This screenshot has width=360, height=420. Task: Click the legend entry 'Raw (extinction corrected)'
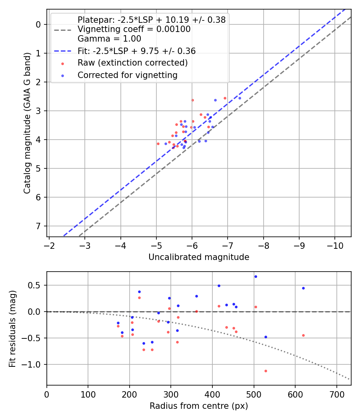point(132,63)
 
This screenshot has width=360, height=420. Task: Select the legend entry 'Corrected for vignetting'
point(127,75)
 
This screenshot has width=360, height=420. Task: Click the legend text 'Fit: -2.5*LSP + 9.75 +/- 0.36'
point(136,51)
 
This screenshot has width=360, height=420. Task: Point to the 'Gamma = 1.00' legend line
point(109,39)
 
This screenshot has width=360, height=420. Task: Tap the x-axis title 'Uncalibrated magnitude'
point(199,257)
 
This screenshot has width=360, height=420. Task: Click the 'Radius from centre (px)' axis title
point(199,406)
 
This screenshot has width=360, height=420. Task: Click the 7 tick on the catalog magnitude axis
point(39,226)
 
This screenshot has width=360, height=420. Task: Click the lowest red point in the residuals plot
point(266,371)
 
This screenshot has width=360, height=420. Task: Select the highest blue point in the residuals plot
point(256,276)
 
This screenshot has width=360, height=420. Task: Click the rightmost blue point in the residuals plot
point(303,288)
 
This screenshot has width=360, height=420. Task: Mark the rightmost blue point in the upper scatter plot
point(240,98)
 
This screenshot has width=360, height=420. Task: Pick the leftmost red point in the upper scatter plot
point(158,144)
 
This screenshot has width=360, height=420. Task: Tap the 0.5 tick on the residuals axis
point(36,285)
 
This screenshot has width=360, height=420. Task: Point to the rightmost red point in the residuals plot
point(303,335)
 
